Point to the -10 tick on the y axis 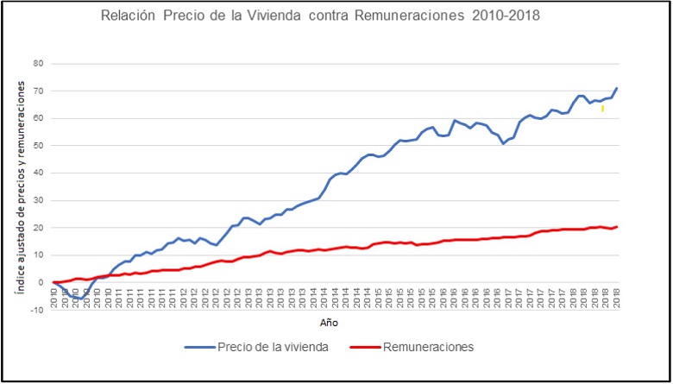[37, 310]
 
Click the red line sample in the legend [366, 347]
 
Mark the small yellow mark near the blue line [602, 108]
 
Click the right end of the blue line [617, 88]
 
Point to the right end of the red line [617, 227]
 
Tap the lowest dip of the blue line [79, 299]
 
